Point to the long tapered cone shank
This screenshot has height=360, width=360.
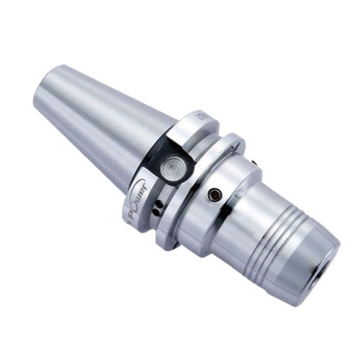104,123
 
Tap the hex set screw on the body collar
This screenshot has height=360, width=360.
214,195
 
